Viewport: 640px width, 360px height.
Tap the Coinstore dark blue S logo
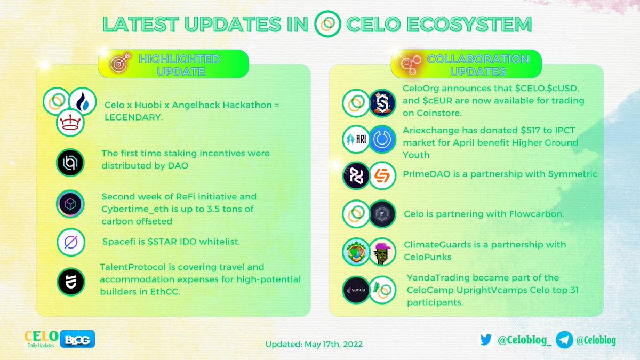(382, 101)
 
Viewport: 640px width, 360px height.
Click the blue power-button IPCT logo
(382, 140)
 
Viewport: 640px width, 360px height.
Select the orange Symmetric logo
(382, 175)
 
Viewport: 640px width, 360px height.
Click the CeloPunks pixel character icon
(382, 251)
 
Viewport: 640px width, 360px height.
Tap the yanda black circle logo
(356, 290)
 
